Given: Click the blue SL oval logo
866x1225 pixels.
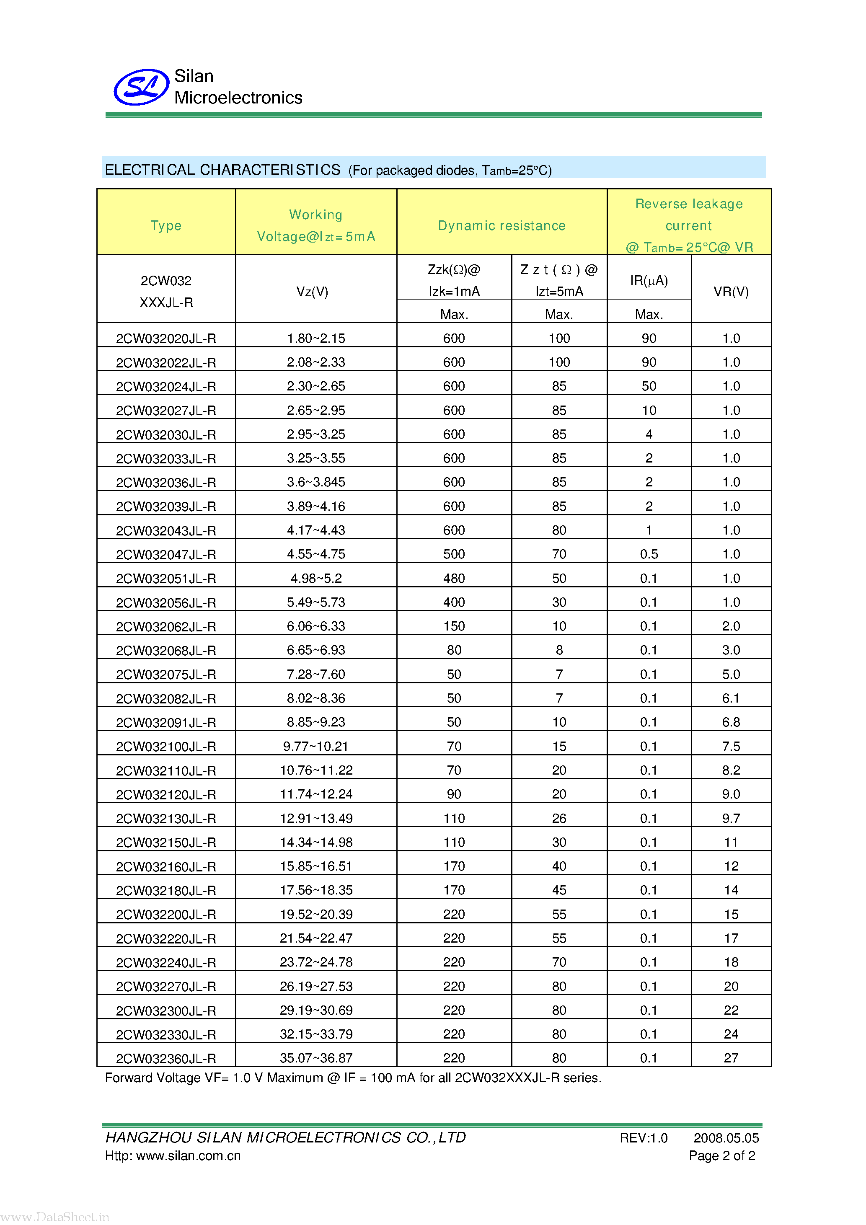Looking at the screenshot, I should pyautogui.click(x=141, y=87).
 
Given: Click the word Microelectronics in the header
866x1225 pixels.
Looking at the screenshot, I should pyautogui.click(x=238, y=98).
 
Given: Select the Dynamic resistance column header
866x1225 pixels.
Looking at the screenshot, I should pyautogui.click(x=502, y=226).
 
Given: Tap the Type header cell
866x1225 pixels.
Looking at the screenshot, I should pyautogui.click(x=166, y=226).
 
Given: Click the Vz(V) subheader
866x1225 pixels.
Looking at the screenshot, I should pyautogui.click(x=312, y=292).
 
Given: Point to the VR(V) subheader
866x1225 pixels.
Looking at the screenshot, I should pyautogui.click(x=731, y=292).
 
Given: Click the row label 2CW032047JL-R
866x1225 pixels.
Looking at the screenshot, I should pyautogui.click(x=166, y=555).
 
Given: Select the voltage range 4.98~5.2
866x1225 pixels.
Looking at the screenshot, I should pyautogui.click(x=316, y=578).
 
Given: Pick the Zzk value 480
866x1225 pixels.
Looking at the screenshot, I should pyautogui.click(x=454, y=578).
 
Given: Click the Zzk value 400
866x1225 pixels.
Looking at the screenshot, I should pyautogui.click(x=454, y=602).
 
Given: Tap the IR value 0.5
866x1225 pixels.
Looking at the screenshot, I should pyautogui.click(x=649, y=554).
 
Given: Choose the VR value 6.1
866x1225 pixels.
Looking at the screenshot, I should pyautogui.click(x=731, y=698).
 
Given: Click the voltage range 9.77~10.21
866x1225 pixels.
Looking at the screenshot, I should pyautogui.click(x=316, y=747).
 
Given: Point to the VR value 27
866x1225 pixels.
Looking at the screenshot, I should pyautogui.click(x=731, y=1058).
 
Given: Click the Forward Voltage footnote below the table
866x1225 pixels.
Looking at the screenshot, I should pyautogui.click(x=353, y=1078).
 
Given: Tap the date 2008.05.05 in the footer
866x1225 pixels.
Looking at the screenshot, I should pyautogui.click(x=726, y=1138).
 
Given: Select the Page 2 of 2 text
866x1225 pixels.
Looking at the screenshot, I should pyautogui.click(x=721, y=1155).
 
